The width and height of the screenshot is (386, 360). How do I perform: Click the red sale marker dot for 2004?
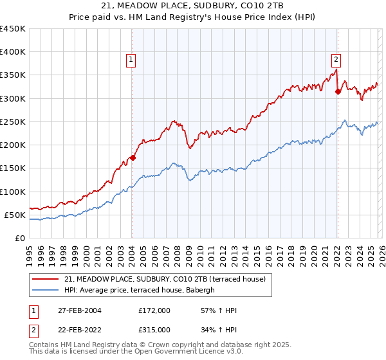coord(133,157)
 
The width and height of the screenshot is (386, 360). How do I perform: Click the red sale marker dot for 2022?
coord(337,91)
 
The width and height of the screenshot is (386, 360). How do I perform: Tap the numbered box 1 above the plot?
coord(131,60)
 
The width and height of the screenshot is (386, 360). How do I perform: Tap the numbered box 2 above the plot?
coord(336,60)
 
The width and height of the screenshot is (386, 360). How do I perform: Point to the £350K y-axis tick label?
coord(13,75)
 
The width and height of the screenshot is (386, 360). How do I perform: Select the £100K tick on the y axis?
coord(13,192)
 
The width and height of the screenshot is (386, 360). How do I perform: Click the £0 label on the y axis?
coord(20,238)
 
